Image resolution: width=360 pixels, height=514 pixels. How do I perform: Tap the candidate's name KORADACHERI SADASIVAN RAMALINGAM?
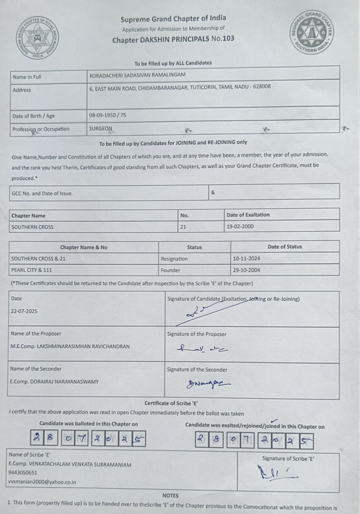(137, 75)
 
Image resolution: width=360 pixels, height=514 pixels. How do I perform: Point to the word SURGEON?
(101, 128)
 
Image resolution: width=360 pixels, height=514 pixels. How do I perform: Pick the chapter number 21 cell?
(183, 227)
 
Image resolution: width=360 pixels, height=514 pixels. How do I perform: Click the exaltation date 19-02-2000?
(240, 226)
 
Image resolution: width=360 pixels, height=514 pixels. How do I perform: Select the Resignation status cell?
(174, 259)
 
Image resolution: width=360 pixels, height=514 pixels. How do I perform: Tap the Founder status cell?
(171, 270)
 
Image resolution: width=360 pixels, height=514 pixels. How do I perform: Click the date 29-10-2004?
(246, 270)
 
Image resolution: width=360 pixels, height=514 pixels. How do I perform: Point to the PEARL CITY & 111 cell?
(31, 270)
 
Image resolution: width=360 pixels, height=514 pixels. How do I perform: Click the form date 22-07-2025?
(24, 311)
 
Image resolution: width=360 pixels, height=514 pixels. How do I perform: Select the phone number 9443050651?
(23, 473)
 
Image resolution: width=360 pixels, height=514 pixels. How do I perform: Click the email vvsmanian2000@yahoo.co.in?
(42, 482)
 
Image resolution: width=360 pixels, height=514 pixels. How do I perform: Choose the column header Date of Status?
(285, 247)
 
